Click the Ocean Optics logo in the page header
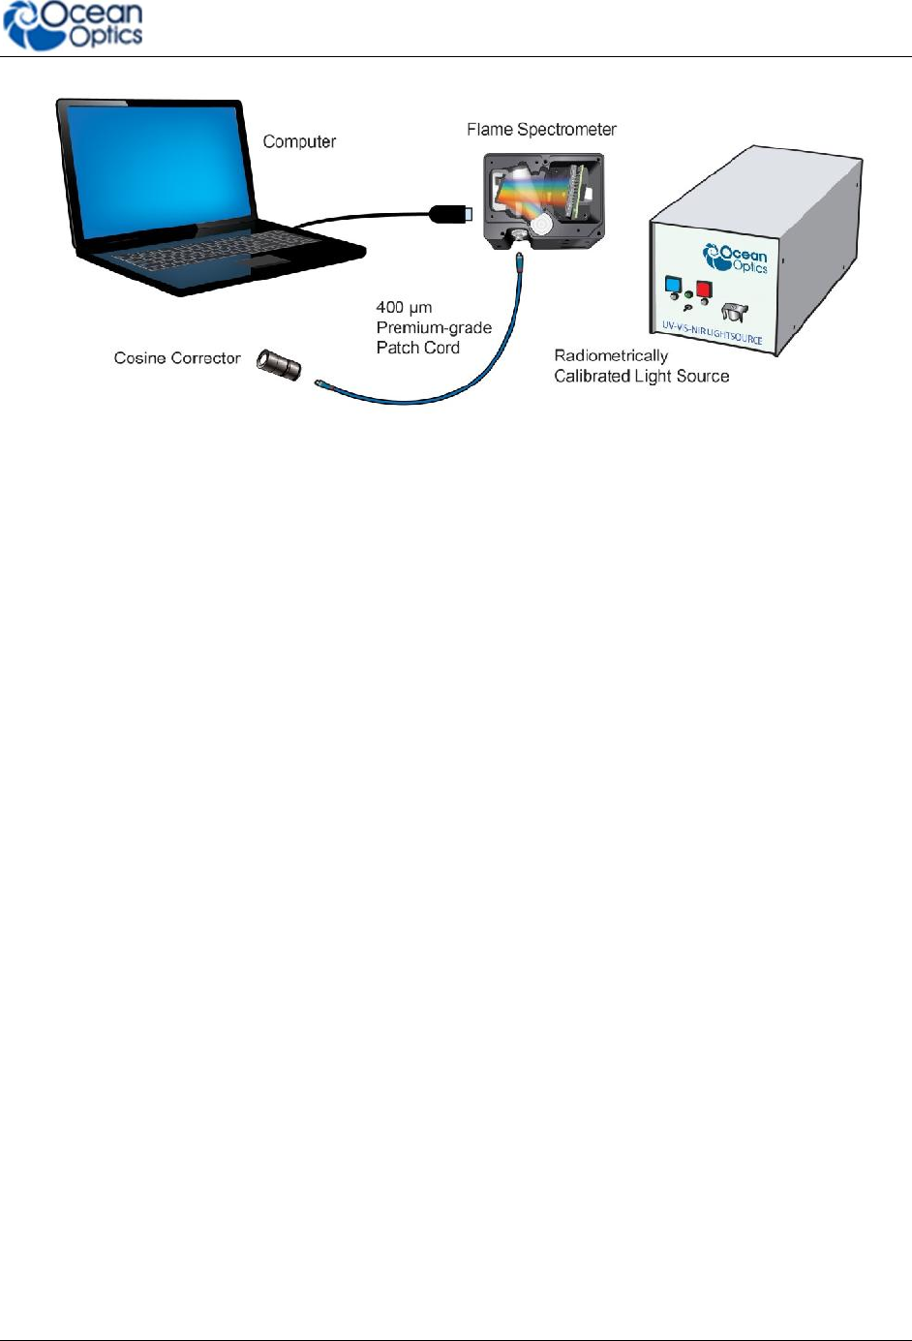pyautogui.click(x=74, y=26)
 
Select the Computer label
pyautogui.click(x=299, y=141)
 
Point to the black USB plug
pyautogui.click(x=450, y=214)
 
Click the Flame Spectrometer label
pyautogui.click(x=541, y=130)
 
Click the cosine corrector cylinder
pyautogui.click(x=279, y=364)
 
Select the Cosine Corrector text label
pyautogui.click(x=177, y=358)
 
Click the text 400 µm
pyautogui.click(x=404, y=308)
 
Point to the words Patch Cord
pyautogui.click(x=418, y=349)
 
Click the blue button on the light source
pyautogui.click(x=671, y=286)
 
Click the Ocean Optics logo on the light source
pyautogui.click(x=736, y=259)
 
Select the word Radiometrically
pyautogui.click(x=611, y=356)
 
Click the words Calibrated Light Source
pyautogui.click(x=641, y=377)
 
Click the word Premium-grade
pyautogui.click(x=434, y=328)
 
